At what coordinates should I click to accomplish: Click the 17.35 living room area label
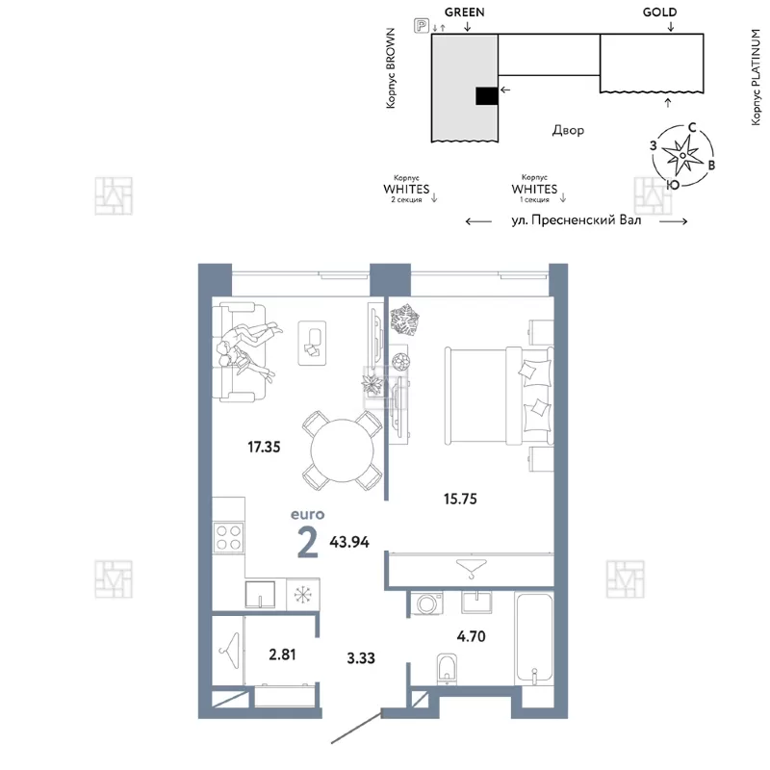pyautogui.click(x=264, y=447)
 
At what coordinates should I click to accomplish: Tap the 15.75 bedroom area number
pyautogui.click(x=460, y=499)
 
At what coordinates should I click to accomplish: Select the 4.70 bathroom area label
pyautogui.click(x=471, y=636)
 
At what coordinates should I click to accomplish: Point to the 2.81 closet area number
pyautogui.click(x=282, y=654)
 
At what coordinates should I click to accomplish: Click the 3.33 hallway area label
pyautogui.click(x=361, y=658)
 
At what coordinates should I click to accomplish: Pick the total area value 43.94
pyautogui.click(x=349, y=542)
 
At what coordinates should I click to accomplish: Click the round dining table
pyautogui.click(x=343, y=450)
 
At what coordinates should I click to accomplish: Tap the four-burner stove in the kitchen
pyautogui.click(x=229, y=537)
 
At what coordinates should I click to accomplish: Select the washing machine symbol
pyautogui.click(x=426, y=603)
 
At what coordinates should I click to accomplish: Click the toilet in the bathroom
pyautogui.click(x=447, y=668)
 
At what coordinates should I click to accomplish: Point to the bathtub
pyautogui.click(x=534, y=638)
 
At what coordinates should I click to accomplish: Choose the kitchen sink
pyautogui.click(x=260, y=594)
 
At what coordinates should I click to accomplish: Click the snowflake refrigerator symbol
pyautogui.click(x=302, y=595)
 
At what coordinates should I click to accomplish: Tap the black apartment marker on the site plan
pyautogui.click(x=487, y=95)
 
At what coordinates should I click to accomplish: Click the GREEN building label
pyautogui.click(x=465, y=13)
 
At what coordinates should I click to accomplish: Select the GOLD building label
pyautogui.click(x=659, y=13)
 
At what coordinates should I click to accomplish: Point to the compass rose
pyautogui.click(x=682, y=155)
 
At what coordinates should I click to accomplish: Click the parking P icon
pyautogui.click(x=422, y=25)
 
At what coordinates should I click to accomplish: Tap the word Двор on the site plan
pyautogui.click(x=568, y=130)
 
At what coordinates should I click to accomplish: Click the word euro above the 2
pyautogui.click(x=307, y=515)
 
